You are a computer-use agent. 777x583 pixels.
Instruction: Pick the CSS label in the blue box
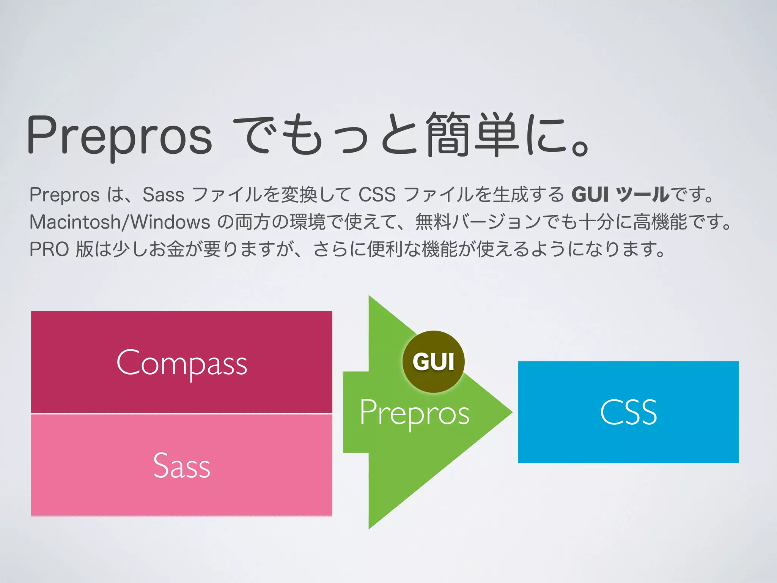628,413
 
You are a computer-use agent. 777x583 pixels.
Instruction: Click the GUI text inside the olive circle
433,361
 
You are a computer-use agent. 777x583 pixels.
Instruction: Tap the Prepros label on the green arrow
414,413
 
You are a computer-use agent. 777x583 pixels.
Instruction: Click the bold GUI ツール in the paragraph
620,195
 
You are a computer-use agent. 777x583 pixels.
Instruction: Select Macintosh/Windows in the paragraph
120,222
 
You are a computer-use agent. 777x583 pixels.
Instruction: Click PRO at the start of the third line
49,249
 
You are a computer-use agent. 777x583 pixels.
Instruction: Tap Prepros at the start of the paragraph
64,195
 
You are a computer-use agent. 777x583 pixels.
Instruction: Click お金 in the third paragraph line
166,249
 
